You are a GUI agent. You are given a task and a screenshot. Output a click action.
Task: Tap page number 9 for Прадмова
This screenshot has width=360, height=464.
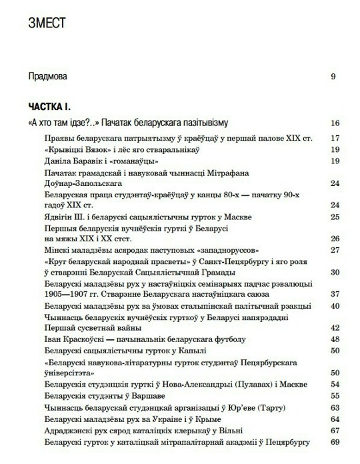(333, 76)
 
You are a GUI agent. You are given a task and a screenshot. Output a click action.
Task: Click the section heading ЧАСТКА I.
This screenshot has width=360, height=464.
(50, 107)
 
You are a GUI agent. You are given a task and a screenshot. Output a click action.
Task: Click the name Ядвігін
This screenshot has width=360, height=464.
(59, 217)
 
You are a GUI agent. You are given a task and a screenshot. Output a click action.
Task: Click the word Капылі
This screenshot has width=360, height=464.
(192, 350)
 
